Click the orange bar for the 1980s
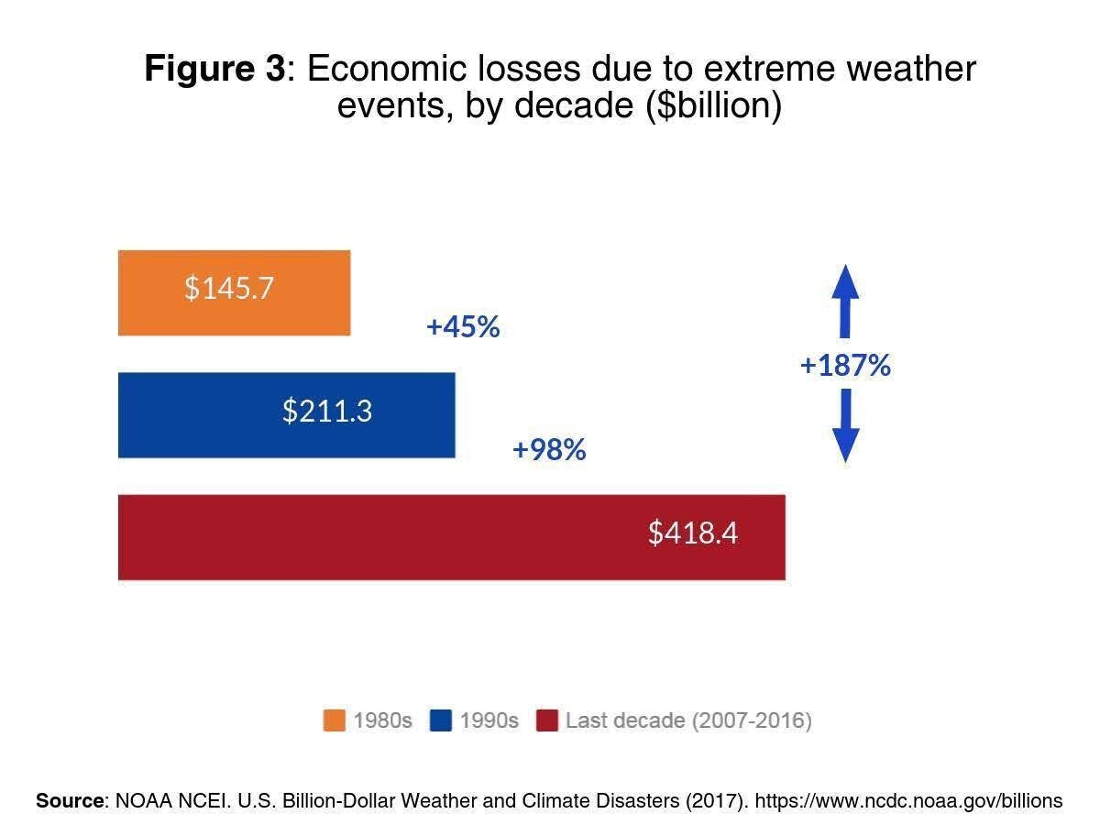click(x=234, y=292)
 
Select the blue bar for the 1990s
click(x=286, y=414)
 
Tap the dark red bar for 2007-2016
click(x=451, y=537)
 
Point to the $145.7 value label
click(x=229, y=288)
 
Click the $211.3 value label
click(x=327, y=411)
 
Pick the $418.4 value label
click(x=693, y=533)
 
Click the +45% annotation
click(x=463, y=327)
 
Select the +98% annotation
click(x=549, y=450)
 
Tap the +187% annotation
click(x=845, y=366)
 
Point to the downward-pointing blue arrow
click(x=845, y=425)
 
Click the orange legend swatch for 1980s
click(x=335, y=720)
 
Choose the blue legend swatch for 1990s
click(x=441, y=720)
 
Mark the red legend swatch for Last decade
click(x=546, y=720)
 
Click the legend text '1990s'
click(x=489, y=720)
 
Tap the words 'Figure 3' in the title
click(x=215, y=69)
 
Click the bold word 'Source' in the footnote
click(x=70, y=800)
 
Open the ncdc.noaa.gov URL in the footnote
click(x=908, y=800)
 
